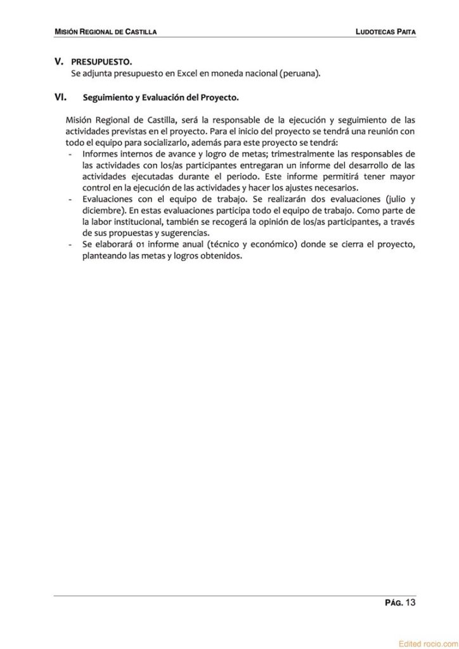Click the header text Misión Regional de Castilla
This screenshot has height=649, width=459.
click(x=105, y=31)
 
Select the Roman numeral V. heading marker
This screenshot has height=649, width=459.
click(x=60, y=62)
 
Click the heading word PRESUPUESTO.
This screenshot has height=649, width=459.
click(x=101, y=62)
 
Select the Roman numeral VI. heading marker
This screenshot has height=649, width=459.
click(x=61, y=98)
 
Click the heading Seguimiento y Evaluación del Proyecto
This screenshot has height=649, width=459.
click(x=160, y=98)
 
